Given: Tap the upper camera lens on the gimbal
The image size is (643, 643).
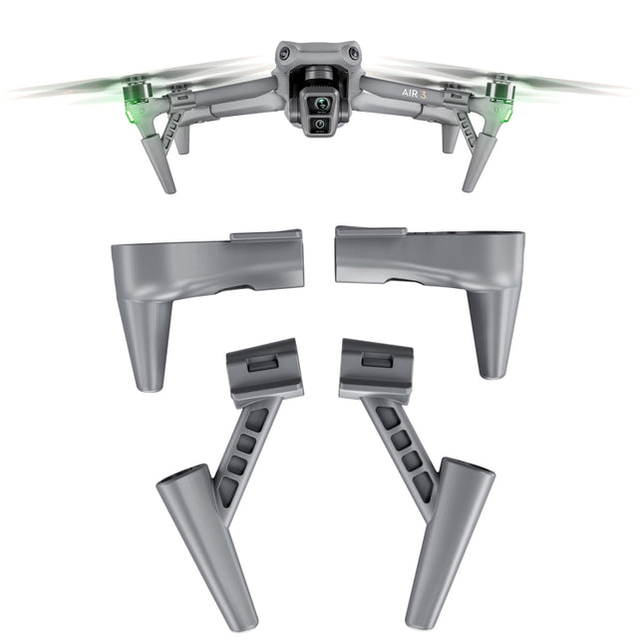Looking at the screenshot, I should (320, 103).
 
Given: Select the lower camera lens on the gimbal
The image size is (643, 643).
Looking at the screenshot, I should (320, 126).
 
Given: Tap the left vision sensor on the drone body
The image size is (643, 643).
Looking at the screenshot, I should (285, 54).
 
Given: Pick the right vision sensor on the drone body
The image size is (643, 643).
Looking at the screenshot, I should (354, 54).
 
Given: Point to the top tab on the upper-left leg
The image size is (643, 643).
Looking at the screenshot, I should (265, 236).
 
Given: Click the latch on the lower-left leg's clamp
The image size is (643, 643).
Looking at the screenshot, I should (262, 364).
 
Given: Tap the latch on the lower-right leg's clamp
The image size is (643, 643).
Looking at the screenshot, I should (378, 358).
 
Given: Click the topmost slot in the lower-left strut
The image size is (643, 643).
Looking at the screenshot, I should (256, 420).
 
